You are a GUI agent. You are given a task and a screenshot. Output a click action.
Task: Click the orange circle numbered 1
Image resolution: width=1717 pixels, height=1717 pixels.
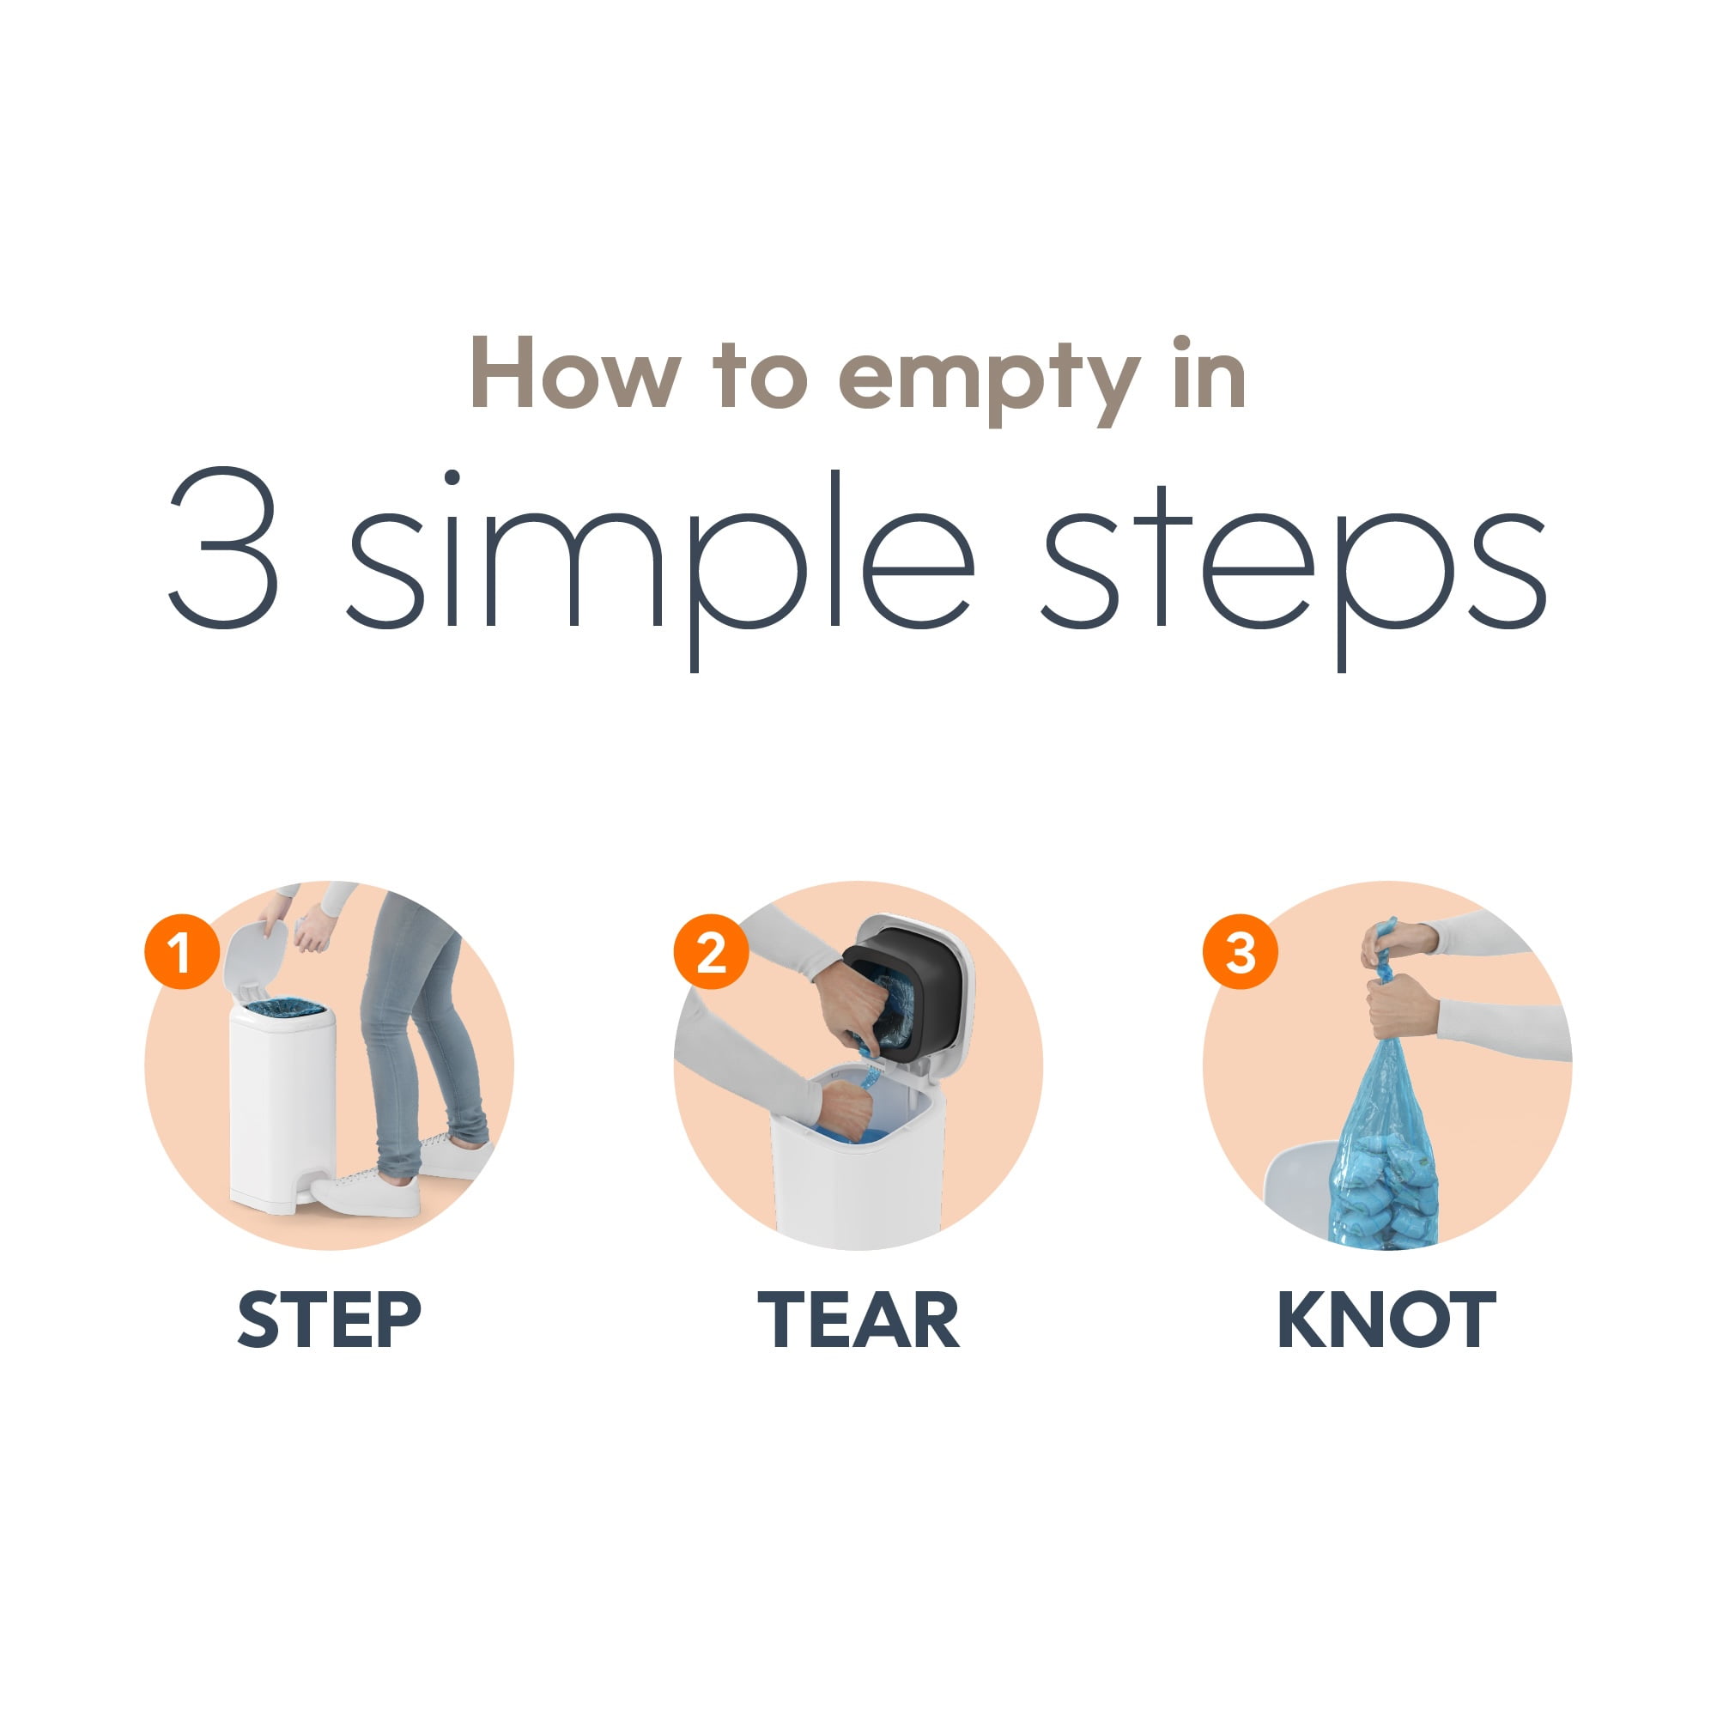[x=182, y=952]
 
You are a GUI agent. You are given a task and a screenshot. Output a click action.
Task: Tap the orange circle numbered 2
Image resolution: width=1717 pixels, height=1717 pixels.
[x=711, y=952]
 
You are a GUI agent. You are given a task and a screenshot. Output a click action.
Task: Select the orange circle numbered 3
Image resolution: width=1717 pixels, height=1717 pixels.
[x=1241, y=952]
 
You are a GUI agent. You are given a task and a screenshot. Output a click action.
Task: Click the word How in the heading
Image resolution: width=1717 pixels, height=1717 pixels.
[x=576, y=373]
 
